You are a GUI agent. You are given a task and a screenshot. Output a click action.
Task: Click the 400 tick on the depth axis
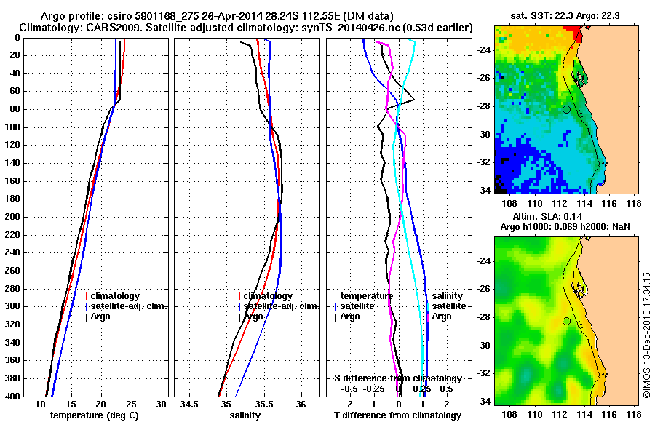(x=14, y=396)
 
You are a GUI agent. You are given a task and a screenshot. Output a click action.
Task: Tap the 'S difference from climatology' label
(x=398, y=378)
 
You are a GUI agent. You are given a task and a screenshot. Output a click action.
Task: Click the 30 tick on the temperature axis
(x=162, y=405)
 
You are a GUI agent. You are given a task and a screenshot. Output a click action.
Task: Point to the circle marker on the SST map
(x=566, y=109)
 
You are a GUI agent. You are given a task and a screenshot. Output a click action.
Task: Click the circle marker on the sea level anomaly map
(x=566, y=321)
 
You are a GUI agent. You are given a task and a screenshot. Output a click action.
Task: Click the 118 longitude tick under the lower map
(x=633, y=413)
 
